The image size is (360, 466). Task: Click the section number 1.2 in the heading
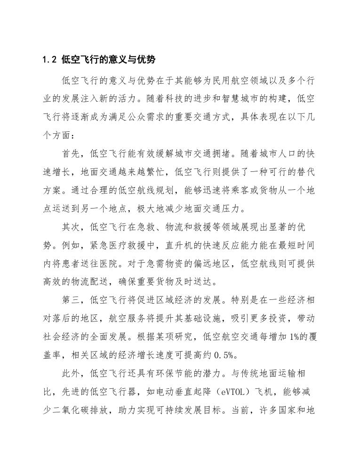49,60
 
